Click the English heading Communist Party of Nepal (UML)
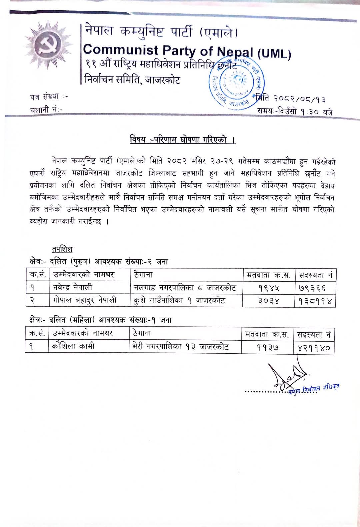[x=187, y=51]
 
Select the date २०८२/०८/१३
[x=299, y=99]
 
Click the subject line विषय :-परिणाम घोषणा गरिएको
[x=183, y=140]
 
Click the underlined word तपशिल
[x=62, y=249]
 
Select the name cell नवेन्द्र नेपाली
[x=73, y=287]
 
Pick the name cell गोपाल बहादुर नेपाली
[x=85, y=300]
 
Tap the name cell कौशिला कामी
[x=73, y=346]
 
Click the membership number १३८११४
[x=315, y=301]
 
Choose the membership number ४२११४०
[x=314, y=348]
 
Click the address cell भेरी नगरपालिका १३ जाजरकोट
[x=180, y=347]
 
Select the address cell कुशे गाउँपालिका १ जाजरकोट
[x=179, y=300]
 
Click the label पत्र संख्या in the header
[x=45, y=97]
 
